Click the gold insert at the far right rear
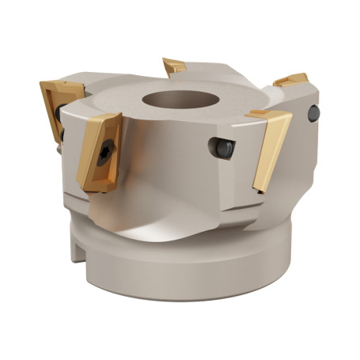point(291,79)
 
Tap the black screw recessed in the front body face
point(221,148)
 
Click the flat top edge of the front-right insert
point(268,115)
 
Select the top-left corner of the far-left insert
point(43,81)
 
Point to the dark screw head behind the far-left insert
point(59,116)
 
